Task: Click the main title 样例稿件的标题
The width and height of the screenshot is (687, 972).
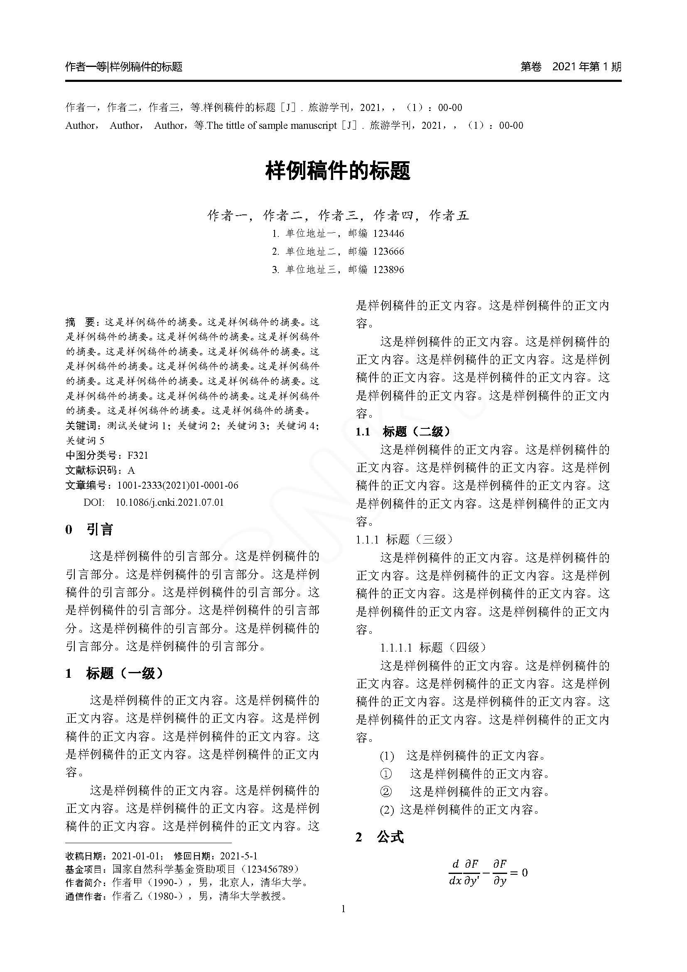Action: click(x=338, y=172)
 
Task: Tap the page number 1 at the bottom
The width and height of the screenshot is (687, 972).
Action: click(x=343, y=909)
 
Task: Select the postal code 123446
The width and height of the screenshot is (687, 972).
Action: click(x=388, y=233)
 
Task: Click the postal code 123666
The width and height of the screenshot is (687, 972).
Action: click(x=388, y=251)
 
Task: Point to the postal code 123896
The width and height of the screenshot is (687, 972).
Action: click(x=388, y=270)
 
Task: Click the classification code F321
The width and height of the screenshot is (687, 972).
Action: click(x=137, y=455)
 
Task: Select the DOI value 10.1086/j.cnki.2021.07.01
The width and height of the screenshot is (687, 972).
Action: click(x=169, y=502)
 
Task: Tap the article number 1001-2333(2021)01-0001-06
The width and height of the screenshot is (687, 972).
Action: click(x=178, y=485)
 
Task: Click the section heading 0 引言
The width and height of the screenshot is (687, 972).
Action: click(x=89, y=529)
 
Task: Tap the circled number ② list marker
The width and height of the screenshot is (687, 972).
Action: click(x=386, y=791)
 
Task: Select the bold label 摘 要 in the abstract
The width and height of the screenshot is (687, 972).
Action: click(x=81, y=322)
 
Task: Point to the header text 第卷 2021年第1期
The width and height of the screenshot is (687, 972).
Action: click(x=571, y=66)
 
